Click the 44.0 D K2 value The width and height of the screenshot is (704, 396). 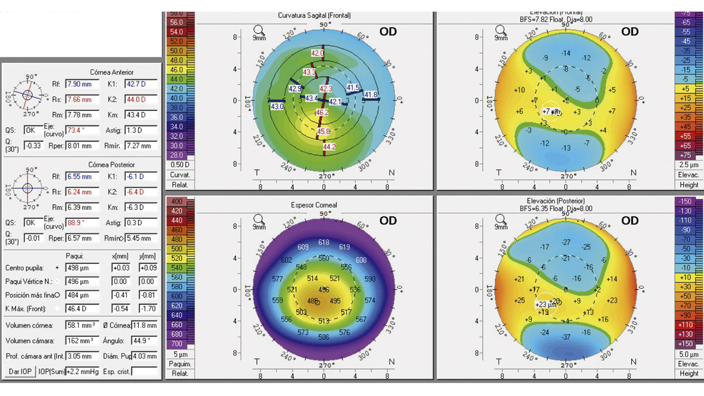pyautogui.click(x=141, y=99)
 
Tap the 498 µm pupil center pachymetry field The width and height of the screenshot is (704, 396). pyautogui.click(x=82, y=268)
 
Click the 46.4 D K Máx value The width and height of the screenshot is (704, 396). pyautogui.click(x=82, y=309)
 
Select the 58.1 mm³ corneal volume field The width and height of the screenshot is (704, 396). pyautogui.click(x=82, y=325)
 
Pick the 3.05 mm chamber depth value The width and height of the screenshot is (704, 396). pyautogui.click(x=82, y=356)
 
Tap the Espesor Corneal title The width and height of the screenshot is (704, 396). pyautogui.click(x=323, y=205)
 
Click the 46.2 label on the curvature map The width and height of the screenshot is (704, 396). pyautogui.click(x=322, y=112)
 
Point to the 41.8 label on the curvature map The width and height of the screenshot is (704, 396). pyautogui.click(x=371, y=95)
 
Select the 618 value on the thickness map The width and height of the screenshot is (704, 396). pyautogui.click(x=324, y=242)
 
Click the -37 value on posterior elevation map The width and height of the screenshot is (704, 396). pyautogui.click(x=566, y=337)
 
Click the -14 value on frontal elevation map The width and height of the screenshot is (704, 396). pyautogui.click(x=566, y=53)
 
